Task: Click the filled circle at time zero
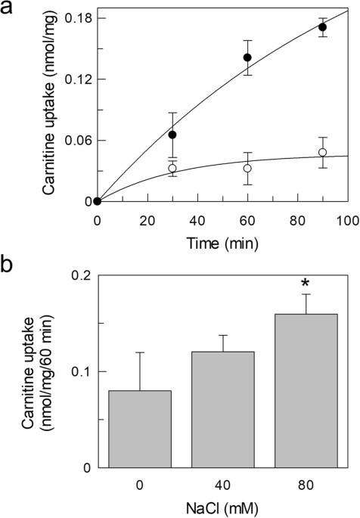tap(98, 201)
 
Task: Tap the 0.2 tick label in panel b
tap(79, 275)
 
